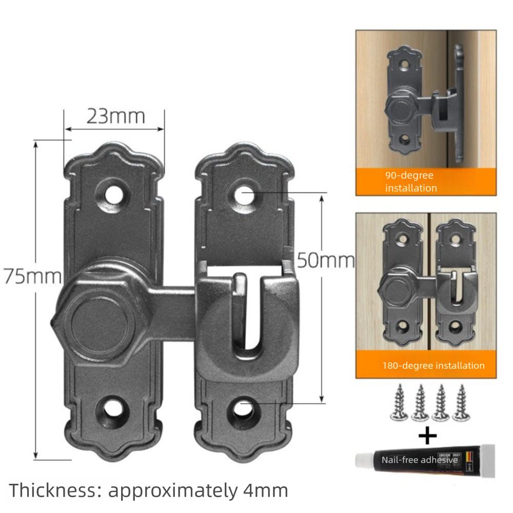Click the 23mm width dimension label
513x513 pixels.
click(x=115, y=116)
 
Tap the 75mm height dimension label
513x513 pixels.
click(x=33, y=277)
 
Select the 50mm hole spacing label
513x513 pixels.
click(x=326, y=261)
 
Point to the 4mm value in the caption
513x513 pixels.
click(x=265, y=491)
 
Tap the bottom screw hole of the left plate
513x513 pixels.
click(x=113, y=409)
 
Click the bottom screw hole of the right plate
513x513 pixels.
click(x=244, y=409)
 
